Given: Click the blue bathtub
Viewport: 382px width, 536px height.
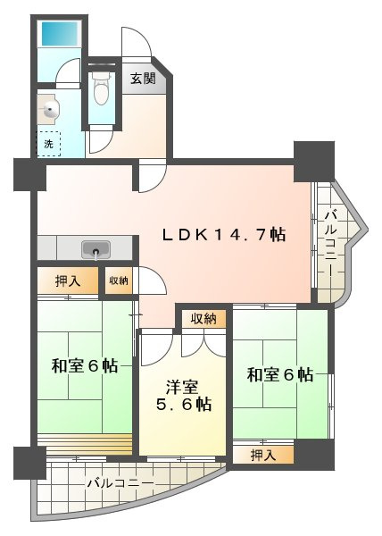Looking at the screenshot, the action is [60, 34].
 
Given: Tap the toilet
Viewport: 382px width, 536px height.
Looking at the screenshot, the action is [101, 88].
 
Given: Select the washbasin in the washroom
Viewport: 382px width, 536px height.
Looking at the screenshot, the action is [48, 109].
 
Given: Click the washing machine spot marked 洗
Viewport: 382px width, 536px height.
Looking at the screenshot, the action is [49, 144].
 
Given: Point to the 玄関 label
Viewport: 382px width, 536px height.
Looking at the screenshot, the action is [143, 79].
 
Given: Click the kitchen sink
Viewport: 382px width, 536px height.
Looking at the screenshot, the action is [95, 249].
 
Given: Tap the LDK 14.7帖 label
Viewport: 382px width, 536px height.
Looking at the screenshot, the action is [224, 234].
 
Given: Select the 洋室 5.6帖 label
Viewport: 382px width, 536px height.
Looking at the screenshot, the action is [184, 396].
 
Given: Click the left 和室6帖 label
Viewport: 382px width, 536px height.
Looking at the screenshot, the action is [85, 365].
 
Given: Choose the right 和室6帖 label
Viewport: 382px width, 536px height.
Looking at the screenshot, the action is [280, 374].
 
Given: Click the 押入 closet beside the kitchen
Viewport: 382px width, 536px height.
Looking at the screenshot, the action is [68, 281].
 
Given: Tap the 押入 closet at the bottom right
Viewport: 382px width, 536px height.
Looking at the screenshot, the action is [263, 455].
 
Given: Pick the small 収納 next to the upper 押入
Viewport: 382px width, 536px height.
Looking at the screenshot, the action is [119, 281].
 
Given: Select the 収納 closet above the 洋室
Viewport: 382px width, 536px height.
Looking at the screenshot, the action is [203, 319].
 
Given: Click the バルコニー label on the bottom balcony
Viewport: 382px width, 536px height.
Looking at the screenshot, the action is [120, 483].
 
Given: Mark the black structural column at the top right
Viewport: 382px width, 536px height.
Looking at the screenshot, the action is [314, 161].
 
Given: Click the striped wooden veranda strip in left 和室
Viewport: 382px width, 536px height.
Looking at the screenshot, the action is [85, 444].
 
